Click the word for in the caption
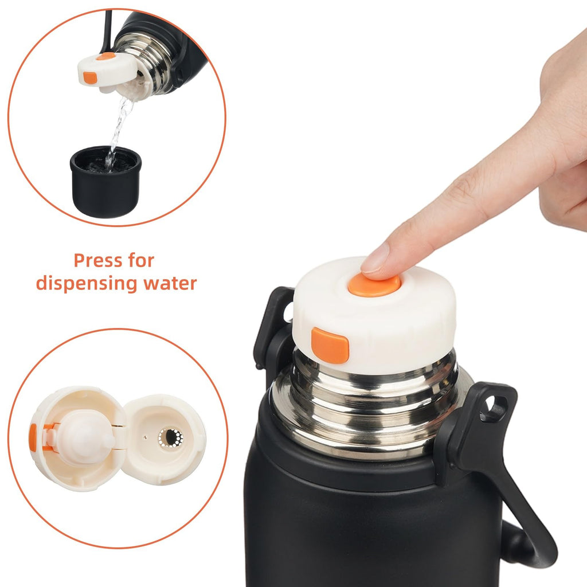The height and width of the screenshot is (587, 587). (x=142, y=260)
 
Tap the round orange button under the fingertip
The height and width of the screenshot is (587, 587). (x=374, y=285)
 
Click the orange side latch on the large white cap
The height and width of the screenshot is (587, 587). (x=330, y=345)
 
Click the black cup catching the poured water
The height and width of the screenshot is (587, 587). (x=105, y=182)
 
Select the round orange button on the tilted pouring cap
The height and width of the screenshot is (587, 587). (x=105, y=56)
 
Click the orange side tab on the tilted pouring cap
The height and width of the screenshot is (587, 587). (x=90, y=77)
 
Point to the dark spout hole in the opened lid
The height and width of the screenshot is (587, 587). (x=171, y=437)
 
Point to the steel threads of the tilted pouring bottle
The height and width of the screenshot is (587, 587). (x=150, y=62)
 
